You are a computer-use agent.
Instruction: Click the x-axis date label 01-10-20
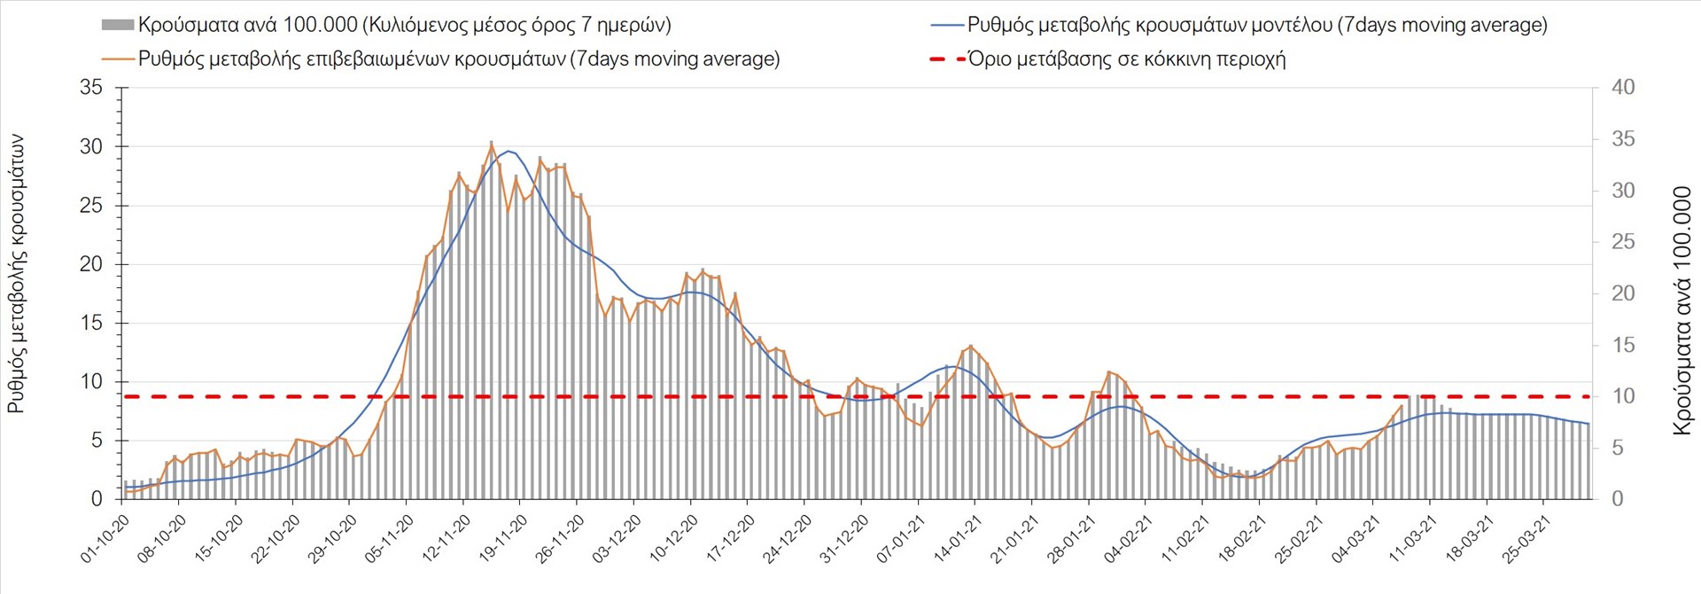click(x=105, y=538)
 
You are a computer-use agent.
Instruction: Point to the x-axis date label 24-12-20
click(x=788, y=538)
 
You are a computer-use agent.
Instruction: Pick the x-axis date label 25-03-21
click(x=1526, y=538)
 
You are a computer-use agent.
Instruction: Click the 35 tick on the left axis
click(x=91, y=88)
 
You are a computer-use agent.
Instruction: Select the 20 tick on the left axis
click(x=91, y=264)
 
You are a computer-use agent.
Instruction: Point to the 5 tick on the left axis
click(x=97, y=441)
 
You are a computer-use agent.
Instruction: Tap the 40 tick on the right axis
click(x=1623, y=88)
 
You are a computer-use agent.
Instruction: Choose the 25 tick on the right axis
click(x=1623, y=242)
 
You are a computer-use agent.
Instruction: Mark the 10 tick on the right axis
click(x=1623, y=396)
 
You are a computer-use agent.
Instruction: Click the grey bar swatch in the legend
click(x=117, y=25)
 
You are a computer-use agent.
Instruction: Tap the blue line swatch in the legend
click(x=946, y=25)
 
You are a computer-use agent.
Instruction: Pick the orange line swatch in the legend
click(x=118, y=59)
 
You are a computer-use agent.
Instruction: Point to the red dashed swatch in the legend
click(x=946, y=59)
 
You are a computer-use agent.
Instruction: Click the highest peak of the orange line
click(x=492, y=144)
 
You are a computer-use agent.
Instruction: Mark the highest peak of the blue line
click(x=508, y=151)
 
